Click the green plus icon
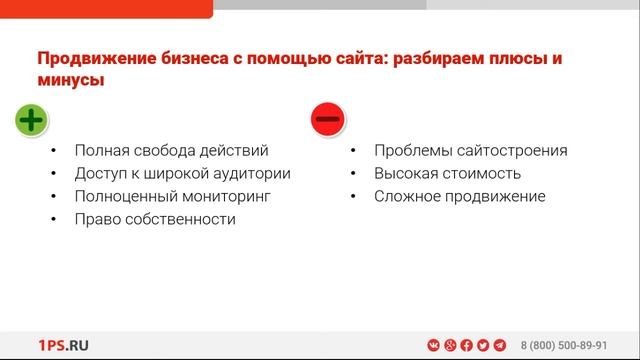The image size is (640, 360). point(31,120)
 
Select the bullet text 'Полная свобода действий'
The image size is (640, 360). point(171,151)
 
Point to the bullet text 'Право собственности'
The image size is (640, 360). point(155,219)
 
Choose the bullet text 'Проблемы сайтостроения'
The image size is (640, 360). point(471,151)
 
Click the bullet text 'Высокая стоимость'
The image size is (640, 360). point(447,174)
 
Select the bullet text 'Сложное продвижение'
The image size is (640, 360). point(460,197)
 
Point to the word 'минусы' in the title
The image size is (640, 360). point(71,81)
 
